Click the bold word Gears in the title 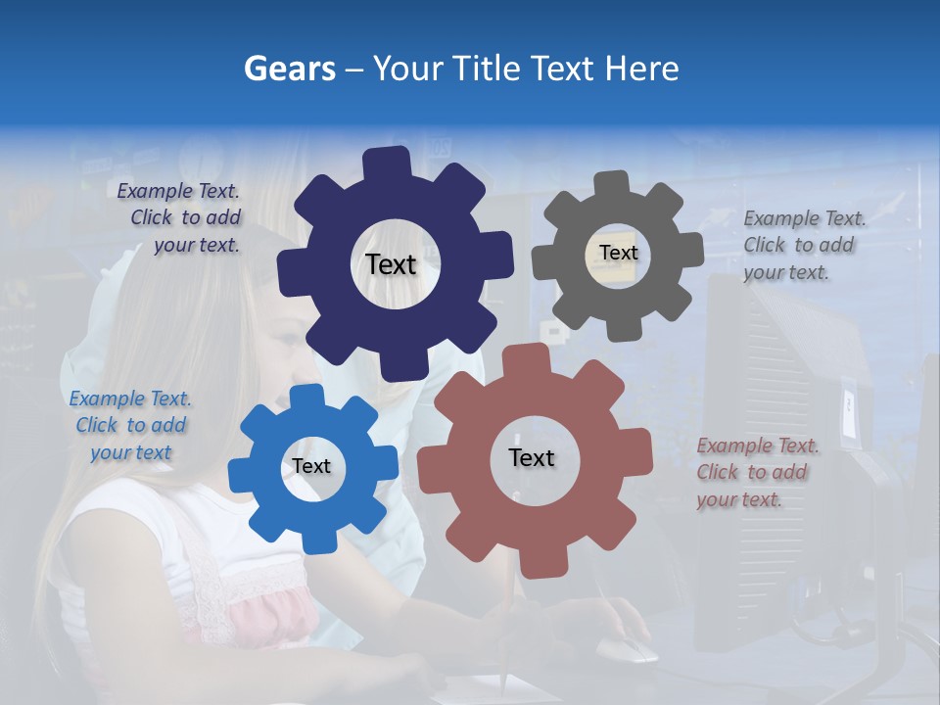[x=288, y=69]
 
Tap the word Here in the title [x=641, y=69]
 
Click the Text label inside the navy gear [x=391, y=264]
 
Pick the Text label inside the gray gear [x=618, y=253]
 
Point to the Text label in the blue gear [x=311, y=466]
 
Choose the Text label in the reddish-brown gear [x=532, y=457]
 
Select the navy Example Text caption [x=180, y=217]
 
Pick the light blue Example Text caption [x=130, y=425]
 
